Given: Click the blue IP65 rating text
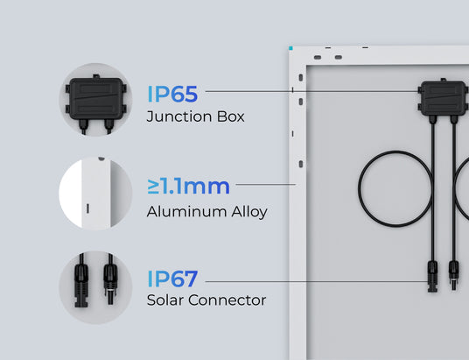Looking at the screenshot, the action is click(x=172, y=94).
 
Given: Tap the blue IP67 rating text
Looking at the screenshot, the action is click(x=172, y=279).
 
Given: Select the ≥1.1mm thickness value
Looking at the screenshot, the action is click(x=188, y=187).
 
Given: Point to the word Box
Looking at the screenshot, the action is click(x=231, y=116).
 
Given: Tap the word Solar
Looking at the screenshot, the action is click(x=164, y=300).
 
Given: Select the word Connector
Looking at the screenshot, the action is click(x=227, y=300).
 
